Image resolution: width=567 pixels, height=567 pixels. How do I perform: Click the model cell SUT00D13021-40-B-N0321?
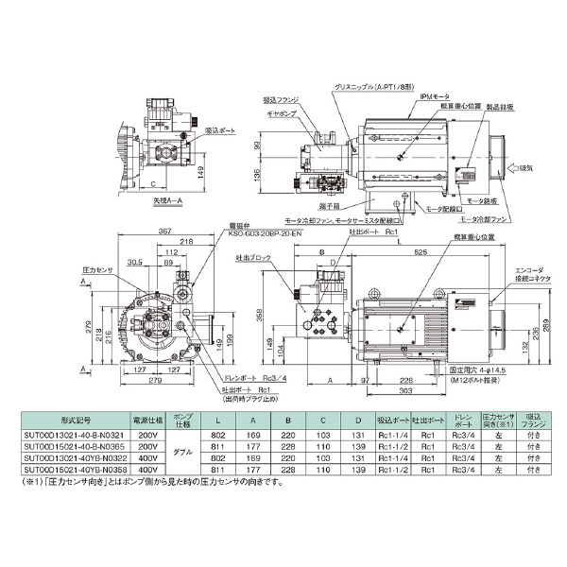66,435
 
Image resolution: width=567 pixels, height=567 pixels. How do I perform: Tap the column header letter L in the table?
220,418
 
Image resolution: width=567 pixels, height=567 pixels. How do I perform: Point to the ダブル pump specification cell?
183,452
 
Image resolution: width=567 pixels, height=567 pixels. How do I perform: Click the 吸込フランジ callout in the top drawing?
282,99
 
